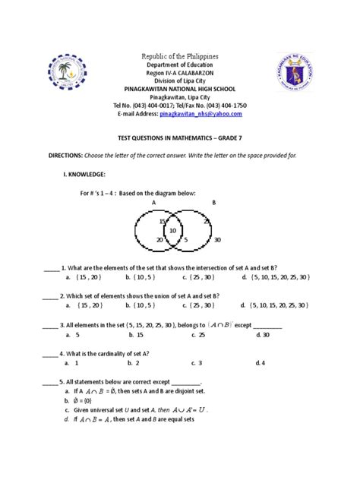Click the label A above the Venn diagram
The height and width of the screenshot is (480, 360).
tap(153, 203)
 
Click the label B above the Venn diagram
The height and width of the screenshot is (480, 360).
tap(213, 203)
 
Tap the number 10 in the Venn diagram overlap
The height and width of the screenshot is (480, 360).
tap(173, 231)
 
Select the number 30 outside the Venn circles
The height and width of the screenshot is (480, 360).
tap(219, 239)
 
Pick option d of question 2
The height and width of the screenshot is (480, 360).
tap(272, 305)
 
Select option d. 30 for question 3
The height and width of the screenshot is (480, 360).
tap(264, 333)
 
